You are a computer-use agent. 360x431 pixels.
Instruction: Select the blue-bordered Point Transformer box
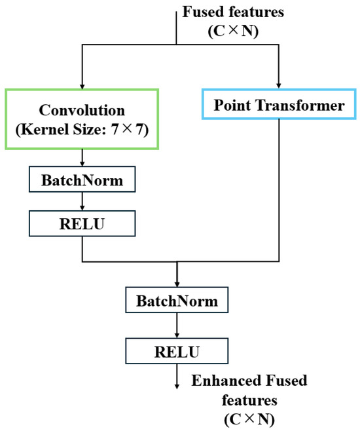[x=280, y=105]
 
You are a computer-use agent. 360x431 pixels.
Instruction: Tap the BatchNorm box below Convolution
[x=82, y=178]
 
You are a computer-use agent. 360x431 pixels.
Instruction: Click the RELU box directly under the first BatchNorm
[x=82, y=223]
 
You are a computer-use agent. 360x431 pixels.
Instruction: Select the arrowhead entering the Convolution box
[x=82, y=86]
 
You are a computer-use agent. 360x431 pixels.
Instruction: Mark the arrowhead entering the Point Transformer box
[x=280, y=86]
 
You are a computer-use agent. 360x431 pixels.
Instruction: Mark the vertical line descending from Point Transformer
[x=280, y=190]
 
